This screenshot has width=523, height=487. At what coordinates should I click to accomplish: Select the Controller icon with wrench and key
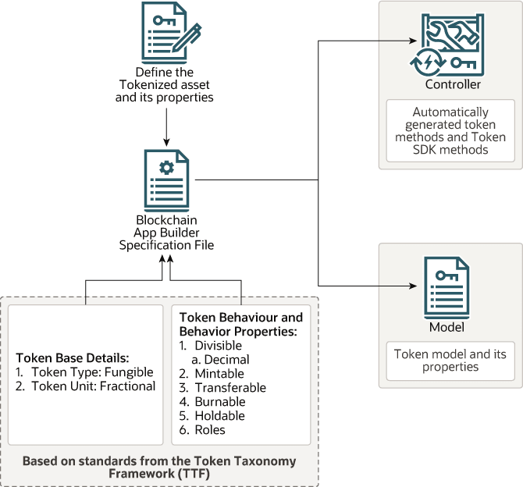450,42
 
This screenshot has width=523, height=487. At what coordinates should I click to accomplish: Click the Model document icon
450,286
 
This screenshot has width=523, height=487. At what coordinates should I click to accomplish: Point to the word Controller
453,84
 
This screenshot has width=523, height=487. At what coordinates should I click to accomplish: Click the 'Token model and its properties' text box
450,361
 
